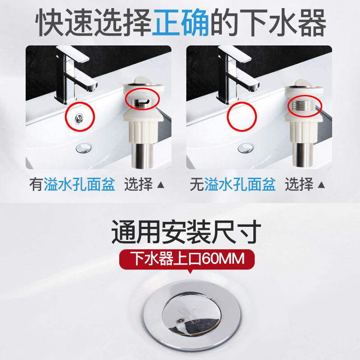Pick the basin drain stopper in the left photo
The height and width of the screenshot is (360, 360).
tap(84, 148)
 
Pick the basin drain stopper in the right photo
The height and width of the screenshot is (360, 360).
tap(245, 148)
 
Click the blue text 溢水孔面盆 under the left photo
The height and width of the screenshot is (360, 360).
tap(79, 184)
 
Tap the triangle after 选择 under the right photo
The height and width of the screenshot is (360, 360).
tap(321, 185)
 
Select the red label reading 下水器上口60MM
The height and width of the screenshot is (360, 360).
tap(187, 259)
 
